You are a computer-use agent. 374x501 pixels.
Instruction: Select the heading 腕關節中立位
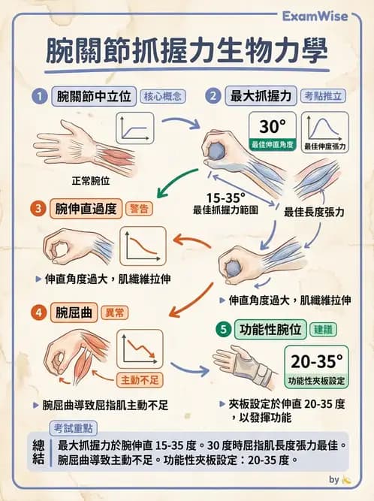pyautogui.click(x=95, y=96)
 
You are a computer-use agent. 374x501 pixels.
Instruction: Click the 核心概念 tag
pyautogui.click(x=162, y=96)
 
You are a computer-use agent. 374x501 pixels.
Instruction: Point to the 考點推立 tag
pyautogui.click(x=324, y=96)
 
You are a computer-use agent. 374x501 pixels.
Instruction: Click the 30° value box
pyautogui.click(x=273, y=131)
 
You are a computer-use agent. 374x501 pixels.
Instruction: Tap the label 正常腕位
pyautogui.click(x=91, y=181)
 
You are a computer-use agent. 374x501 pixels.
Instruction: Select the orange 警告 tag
pyautogui.click(x=140, y=208)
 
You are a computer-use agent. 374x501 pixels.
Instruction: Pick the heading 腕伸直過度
pyautogui.click(x=86, y=208)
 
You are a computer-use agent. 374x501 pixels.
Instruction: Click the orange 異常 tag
pyautogui.click(x=114, y=312)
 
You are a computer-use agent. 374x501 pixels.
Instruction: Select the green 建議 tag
pyautogui.click(x=325, y=329)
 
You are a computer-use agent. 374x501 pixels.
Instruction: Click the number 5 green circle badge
pyautogui.click(x=222, y=329)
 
